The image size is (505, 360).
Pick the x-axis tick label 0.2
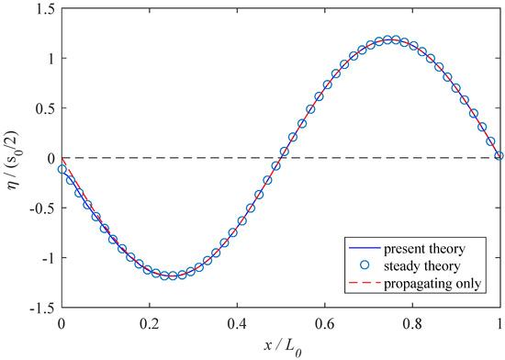(x=149, y=322)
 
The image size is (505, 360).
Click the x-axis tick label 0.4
(x=237, y=322)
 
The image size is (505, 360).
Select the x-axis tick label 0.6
(x=324, y=322)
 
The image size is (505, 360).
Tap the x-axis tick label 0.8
(x=412, y=322)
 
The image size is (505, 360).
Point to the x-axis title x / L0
(x=280, y=346)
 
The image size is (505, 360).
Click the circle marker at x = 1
(x=499, y=156)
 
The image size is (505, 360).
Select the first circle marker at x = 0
(x=62, y=169)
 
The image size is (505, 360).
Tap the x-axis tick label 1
(x=499, y=322)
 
